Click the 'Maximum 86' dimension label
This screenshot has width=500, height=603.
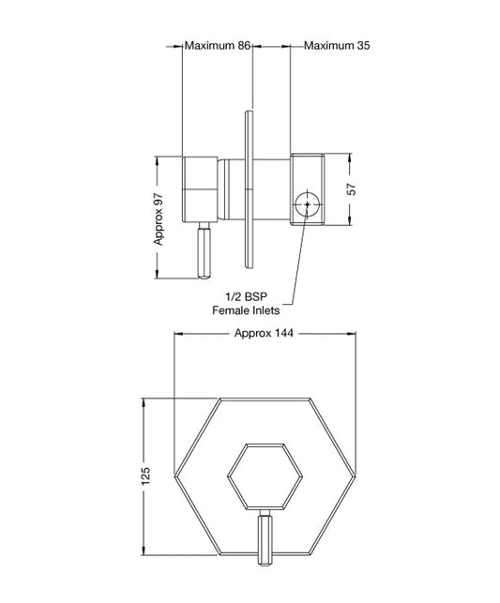coord(217,44)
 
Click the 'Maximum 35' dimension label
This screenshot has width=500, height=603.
coord(336,44)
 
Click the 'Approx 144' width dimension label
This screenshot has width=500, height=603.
coord(265,333)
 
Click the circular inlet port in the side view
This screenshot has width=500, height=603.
coord(305,202)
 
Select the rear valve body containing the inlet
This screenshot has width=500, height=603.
coord(307,188)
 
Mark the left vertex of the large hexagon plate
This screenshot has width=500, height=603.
coord(174,476)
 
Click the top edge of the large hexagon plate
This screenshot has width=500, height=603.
coord(265,398)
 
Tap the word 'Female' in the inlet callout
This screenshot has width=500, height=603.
coord(232,310)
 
